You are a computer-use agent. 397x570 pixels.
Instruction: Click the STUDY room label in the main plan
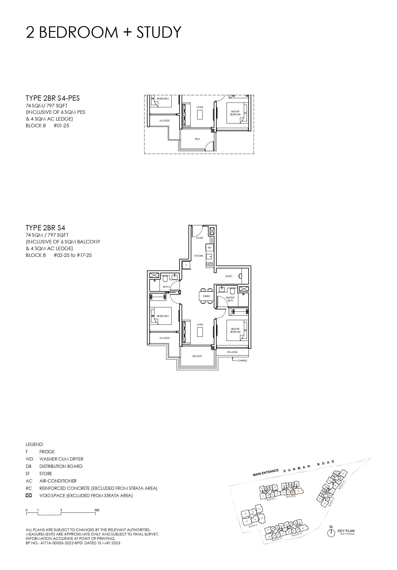[229, 276]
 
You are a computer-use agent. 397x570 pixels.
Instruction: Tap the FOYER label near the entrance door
[199, 238]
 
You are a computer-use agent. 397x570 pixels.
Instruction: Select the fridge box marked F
[186, 265]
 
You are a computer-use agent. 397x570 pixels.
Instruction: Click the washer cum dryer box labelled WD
[209, 248]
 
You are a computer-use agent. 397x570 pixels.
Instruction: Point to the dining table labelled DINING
[206, 296]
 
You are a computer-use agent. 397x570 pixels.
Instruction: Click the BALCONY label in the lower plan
[197, 356]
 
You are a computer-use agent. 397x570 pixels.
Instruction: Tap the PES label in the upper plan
[197, 139]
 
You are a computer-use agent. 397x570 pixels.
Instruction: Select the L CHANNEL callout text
[242, 360]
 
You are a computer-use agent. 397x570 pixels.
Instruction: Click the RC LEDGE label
[232, 352]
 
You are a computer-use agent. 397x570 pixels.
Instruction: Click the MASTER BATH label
[230, 299]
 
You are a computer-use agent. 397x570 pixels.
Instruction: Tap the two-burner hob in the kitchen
[209, 264]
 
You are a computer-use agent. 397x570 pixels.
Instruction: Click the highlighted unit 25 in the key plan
[293, 493]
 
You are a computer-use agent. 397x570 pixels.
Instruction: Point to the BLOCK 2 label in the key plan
[253, 526]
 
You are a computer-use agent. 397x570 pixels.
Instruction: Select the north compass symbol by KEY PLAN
[331, 533]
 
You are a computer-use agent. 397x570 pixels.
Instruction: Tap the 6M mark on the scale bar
[97, 510]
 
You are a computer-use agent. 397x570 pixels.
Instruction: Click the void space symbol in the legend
[29, 495]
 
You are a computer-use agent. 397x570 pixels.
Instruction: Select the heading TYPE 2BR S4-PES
[53, 98]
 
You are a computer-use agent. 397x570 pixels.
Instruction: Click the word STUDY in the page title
[159, 32]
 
